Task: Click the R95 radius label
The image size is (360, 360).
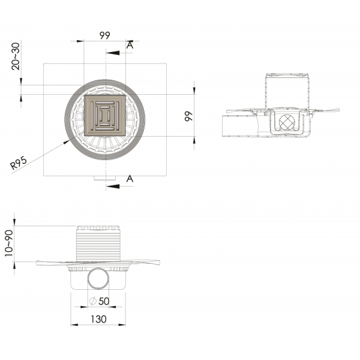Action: pos(20,163)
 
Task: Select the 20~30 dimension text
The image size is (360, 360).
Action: pos(16,56)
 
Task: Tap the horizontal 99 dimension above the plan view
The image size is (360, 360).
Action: pos(104,35)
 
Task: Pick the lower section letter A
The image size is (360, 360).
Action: pos(130,179)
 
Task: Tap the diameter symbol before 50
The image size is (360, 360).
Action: pos(94,301)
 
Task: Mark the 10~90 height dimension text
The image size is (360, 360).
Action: pos(9,243)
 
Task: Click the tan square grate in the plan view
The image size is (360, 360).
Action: pos(105,115)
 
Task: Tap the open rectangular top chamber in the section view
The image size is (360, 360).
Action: pos(288,90)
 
